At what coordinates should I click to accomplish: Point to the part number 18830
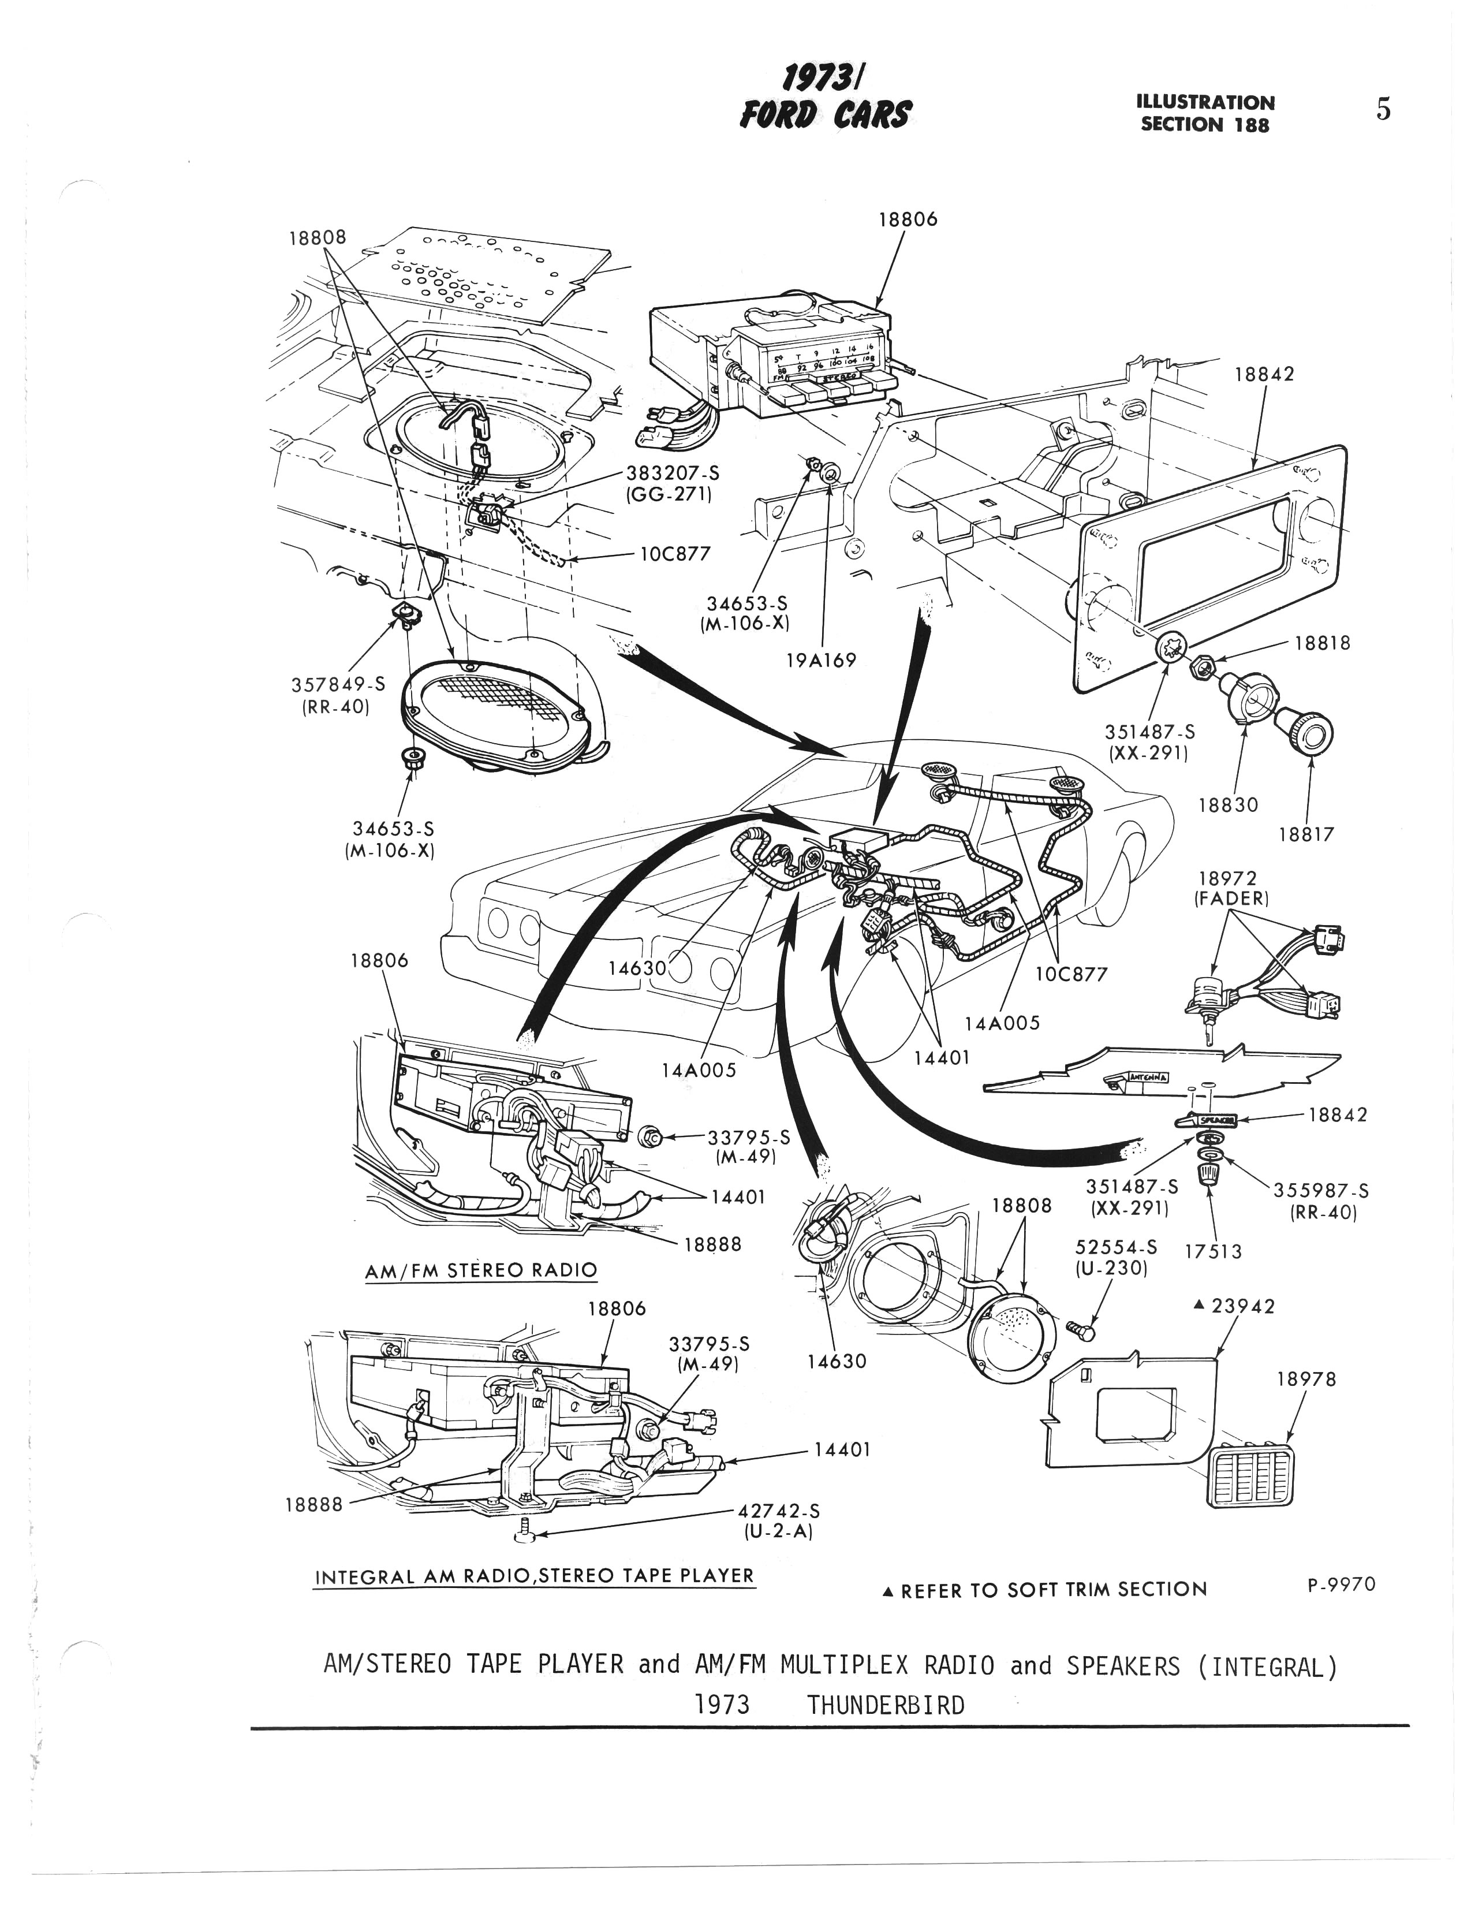[1228, 805]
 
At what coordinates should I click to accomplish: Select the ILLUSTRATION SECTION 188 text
[1205, 113]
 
